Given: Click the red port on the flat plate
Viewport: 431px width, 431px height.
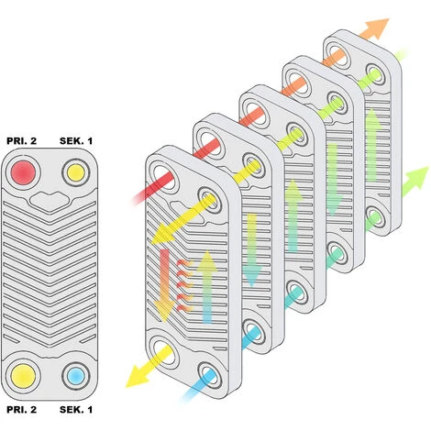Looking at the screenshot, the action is pyautogui.click(x=23, y=172).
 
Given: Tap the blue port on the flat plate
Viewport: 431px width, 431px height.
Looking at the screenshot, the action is pyautogui.click(x=75, y=376).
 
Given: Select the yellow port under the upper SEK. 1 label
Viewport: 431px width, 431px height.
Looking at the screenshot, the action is pyautogui.click(x=75, y=172).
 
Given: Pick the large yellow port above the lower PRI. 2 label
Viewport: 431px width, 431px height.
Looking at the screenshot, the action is pyautogui.click(x=23, y=376).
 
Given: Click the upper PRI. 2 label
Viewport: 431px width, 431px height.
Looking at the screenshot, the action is pyautogui.click(x=21, y=141).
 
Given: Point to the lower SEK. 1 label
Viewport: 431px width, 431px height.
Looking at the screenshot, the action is pyautogui.click(x=76, y=410).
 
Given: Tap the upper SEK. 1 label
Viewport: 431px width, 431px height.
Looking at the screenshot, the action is pyautogui.click(x=76, y=141).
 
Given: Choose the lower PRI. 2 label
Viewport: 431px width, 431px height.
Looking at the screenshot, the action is pyautogui.click(x=21, y=410).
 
